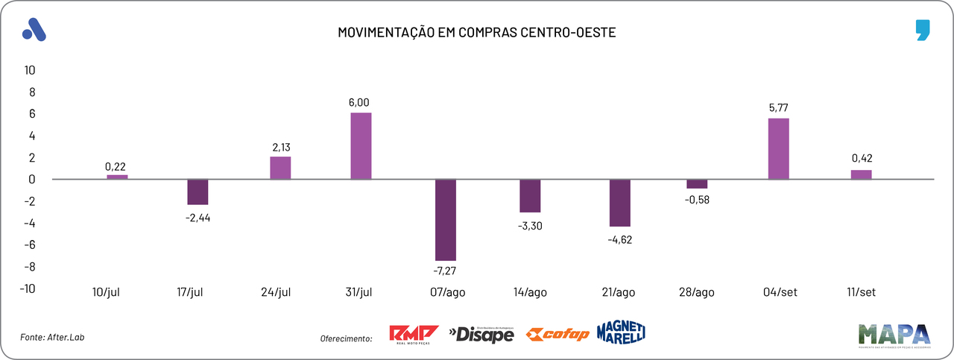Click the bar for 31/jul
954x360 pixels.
pyautogui.click(x=361, y=146)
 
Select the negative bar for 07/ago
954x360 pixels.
pyautogui.click(x=446, y=220)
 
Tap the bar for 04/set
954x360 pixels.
pyautogui.click(x=778, y=149)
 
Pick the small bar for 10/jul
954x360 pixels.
pyautogui.click(x=117, y=177)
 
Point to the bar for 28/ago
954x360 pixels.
pyautogui.click(x=697, y=184)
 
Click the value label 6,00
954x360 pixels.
pyautogui.click(x=359, y=102)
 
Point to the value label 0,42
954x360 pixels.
pyautogui.click(x=861, y=158)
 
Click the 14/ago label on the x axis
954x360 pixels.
pyautogui.click(x=531, y=292)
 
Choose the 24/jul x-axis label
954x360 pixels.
pyautogui.click(x=276, y=292)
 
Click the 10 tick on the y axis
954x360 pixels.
pyautogui.click(x=30, y=70)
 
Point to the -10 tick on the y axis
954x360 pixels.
pyautogui.click(x=28, y=288)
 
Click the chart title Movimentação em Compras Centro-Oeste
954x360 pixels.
pyautogui.click(x=477, y=33)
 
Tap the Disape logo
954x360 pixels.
pyautogui.click(x=481, y=335)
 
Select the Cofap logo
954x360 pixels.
pyautogui.click(x=557, y=335)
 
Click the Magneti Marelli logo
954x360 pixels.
pyautogui.click(x=620, y=332)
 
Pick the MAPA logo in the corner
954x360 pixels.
pyautogui.click(x=894, y=335)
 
